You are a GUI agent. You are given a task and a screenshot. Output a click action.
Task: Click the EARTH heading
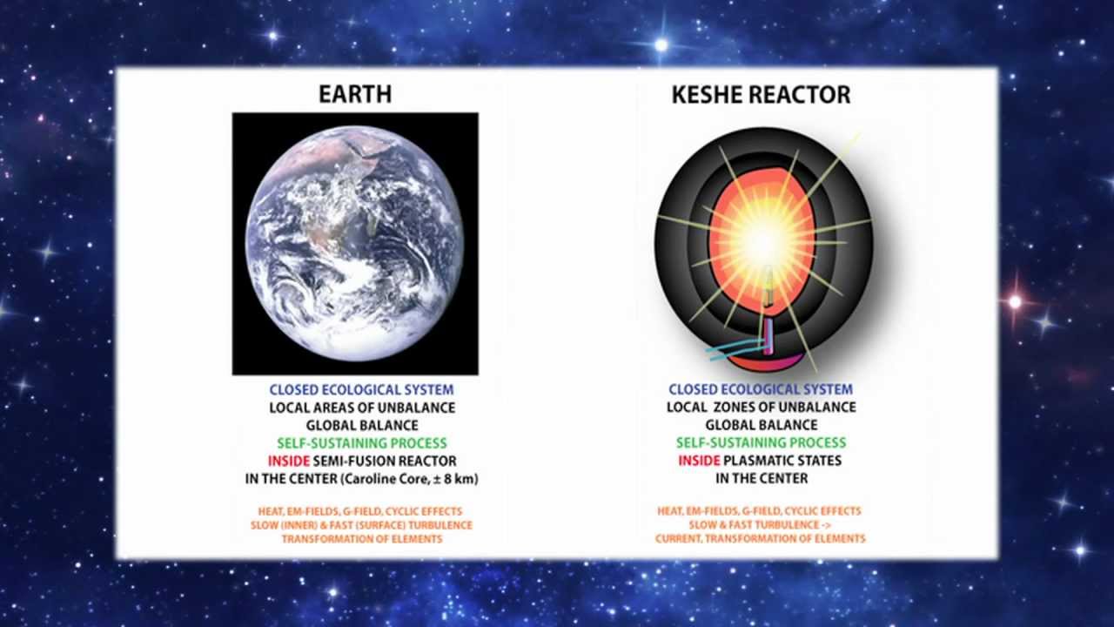coord(355,94)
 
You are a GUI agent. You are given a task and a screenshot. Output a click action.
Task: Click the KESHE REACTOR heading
coord(761,95)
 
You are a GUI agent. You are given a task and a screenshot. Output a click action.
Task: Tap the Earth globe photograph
coord(355,243)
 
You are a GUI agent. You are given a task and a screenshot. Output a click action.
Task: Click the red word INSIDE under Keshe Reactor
coord(699,461)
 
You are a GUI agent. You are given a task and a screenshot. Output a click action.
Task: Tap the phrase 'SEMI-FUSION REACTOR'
coord(385,461)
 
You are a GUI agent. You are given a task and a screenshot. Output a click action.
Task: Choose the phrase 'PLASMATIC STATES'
coord(782,461)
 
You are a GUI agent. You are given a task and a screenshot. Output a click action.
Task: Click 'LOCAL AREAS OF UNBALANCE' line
coord(362,408)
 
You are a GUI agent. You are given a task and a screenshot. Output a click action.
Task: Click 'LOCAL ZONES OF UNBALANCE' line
coord(762,407)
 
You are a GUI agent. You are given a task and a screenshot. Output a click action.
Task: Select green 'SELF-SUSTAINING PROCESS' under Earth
coord(362,443)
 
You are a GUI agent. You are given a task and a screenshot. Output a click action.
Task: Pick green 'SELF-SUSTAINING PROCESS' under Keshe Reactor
coord(762,442)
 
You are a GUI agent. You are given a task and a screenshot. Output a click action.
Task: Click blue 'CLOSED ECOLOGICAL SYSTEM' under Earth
coord(361,389)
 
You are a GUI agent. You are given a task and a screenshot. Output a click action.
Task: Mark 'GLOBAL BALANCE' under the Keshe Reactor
coord(762,425)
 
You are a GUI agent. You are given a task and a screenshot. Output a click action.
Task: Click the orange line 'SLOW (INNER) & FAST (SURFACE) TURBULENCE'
coord(361,525)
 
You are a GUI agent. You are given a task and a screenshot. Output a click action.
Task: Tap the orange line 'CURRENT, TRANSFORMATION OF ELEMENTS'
coord(761,538)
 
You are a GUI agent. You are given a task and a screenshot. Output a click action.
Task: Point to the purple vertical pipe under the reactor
coord(768,337)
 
